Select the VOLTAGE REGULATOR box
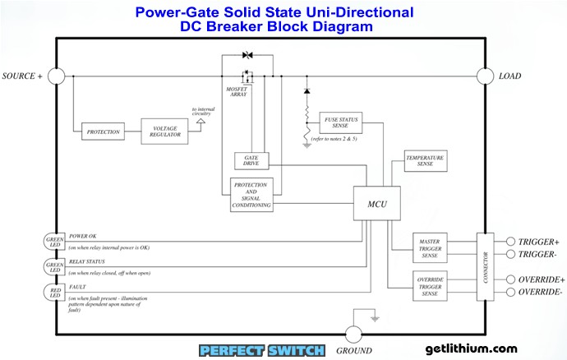pyautogui.click(x=164, y=131)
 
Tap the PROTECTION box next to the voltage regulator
pyautogui.click(x=104, y=132)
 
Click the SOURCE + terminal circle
pyautogui.click(x=56, y=76)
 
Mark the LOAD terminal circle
pyautogui.click(x=484, y=76)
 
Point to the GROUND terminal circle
pyautogui.click(x=353, y=334)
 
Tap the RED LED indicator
pyautogui.click(x=54, y=292)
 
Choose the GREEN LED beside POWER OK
pyautogui.click(x=54, y=241)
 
